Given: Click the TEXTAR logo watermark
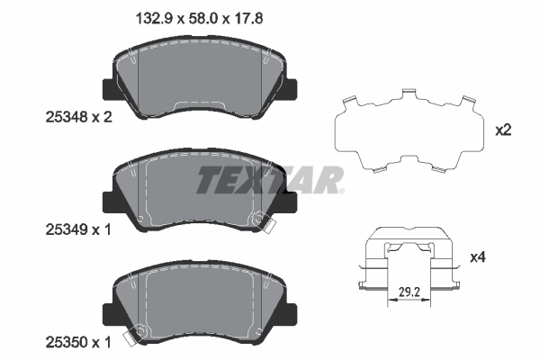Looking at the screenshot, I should [x=270, y=180].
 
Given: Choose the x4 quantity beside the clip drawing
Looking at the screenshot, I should [x=503, y=258].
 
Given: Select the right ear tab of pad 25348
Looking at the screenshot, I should [x=292, y=89].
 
